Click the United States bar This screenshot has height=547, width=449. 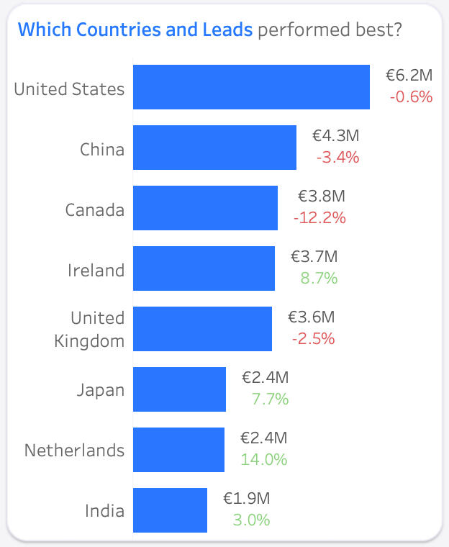click(251, 87)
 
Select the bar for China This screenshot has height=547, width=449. click(214, 148)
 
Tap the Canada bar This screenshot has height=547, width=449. click(205, 208)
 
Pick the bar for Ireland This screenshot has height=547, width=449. click(204, 268)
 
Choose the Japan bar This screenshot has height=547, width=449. click(179, 389)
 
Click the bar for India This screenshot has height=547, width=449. click(170, 510)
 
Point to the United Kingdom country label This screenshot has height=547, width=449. click(89, 329)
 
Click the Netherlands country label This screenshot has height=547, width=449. click(74, 451)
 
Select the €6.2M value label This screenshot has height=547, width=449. click(409, 75)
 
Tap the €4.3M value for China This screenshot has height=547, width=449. click(335, 135)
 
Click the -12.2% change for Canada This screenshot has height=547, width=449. click(319, 217)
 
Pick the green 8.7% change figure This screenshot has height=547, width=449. click(319, 278)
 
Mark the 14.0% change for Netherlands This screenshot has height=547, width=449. click(264, 459)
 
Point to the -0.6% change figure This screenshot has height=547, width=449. click(411, 96)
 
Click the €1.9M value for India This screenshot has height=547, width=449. click(246, 498)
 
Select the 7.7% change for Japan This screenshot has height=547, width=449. click(270, 399)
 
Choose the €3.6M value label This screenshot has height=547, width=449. click(312, 317)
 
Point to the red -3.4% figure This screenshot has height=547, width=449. click(337, 157)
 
